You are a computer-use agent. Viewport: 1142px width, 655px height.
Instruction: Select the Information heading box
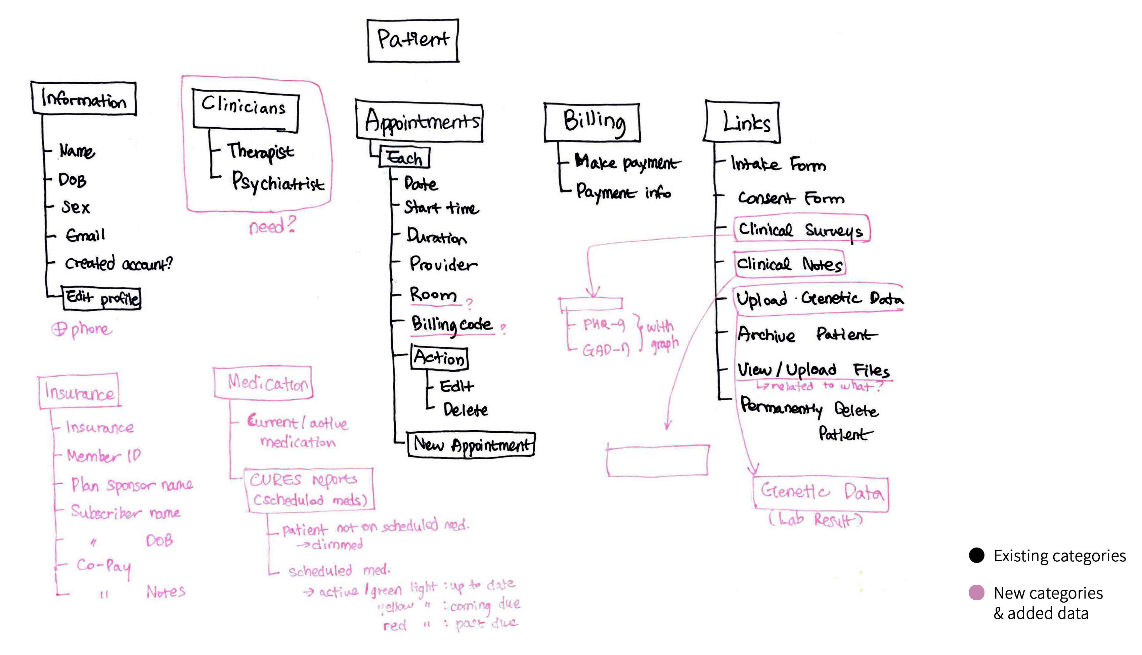point(84,98)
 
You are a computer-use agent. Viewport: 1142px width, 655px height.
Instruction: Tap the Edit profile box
point(102,299)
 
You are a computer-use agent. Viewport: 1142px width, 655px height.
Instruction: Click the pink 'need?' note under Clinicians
point(272,226)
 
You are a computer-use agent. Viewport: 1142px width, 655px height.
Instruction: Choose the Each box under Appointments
point(404,158)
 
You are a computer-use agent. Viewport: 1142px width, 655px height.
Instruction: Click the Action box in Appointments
point(439,358)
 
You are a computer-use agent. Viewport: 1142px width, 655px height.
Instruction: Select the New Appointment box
point(471,445)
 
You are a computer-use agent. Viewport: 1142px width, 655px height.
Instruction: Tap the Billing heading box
point(592,122)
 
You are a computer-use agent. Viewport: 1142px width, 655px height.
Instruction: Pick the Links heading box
point(742,122)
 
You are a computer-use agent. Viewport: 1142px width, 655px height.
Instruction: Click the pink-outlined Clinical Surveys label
point(801,230)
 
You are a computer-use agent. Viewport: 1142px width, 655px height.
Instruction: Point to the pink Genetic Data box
point(821,493)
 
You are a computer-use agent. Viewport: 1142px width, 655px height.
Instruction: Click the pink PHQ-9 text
point(604,324)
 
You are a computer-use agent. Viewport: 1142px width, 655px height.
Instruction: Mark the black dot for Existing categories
point(976,556)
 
